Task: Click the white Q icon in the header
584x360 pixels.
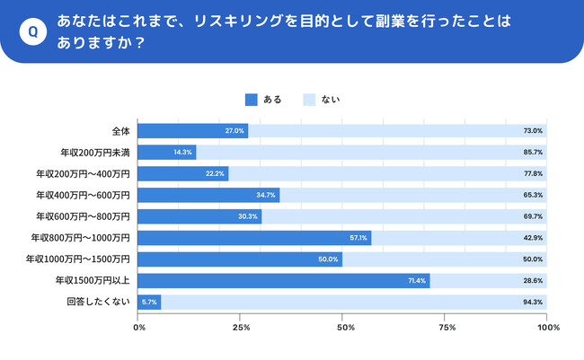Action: [x=33, y=31]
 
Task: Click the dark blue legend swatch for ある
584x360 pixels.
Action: [x=251, y=100]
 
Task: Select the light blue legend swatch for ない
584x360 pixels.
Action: [x=309, y=100]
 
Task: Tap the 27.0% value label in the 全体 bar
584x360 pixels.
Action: [x=235, y=131]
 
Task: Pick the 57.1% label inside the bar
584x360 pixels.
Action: [x=359, y=238]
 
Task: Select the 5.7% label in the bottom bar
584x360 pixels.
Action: [x=149, y=303]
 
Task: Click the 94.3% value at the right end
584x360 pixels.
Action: [x=533, y=303]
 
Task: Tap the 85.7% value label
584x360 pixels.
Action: [x=533, y=153]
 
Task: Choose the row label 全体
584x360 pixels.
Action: [x=120, y=131]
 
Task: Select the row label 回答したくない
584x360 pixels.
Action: [x=99, y=303]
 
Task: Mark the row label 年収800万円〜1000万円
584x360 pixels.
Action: [x=83, y=238]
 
